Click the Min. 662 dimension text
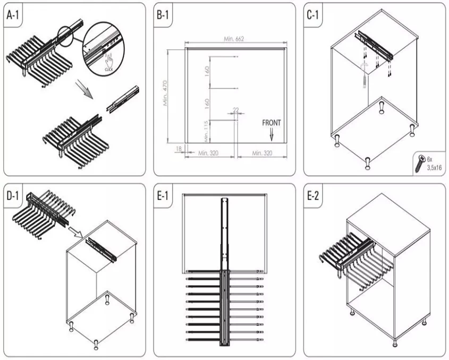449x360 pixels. pyautogui.click(x=234, y=40)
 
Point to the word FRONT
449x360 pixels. pyautogui.click(x=271, y=123)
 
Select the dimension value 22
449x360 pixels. pyautogui.click(x=235, y=110)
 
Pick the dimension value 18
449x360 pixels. pyautogui.click(x=179, y=149)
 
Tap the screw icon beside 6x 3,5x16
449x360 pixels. pyautogui.click(x=420, y=162)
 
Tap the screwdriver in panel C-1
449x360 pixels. pyautogui.click(x=363, y=80)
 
